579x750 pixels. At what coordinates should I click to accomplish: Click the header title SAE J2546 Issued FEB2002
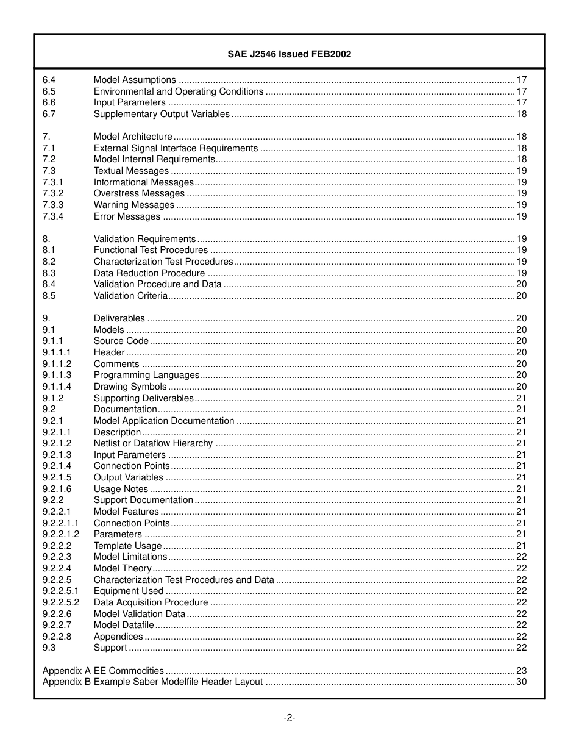[289, 54]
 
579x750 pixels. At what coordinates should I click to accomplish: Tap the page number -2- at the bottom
[289, 718]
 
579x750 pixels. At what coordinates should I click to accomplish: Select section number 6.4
[49, 80]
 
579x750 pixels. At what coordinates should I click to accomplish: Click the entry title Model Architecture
[133, 137]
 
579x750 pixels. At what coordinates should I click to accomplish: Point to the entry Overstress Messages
[139, 193]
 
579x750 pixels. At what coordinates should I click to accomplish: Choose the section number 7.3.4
[53, 216]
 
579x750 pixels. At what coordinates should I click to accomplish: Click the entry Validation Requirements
[144, 239]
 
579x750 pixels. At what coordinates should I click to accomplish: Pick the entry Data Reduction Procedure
[149, 273]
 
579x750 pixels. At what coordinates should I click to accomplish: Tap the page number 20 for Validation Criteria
[521, 296]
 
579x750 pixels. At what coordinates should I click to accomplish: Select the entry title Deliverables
[119, 318]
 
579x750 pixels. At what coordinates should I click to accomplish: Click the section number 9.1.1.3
[57, 375]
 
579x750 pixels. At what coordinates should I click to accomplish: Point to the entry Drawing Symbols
[130, 387]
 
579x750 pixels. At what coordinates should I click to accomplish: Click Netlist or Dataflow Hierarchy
[153, 443]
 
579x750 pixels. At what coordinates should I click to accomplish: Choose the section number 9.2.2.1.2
[61, 534]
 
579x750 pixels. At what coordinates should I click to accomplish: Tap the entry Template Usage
[128, 546]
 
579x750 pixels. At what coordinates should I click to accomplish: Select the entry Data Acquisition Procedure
[151, 602]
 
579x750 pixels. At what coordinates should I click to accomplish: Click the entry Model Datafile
[124, 625]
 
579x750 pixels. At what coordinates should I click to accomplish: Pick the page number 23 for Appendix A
[521, 670]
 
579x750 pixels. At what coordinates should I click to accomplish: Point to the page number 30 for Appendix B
[521, 682]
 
